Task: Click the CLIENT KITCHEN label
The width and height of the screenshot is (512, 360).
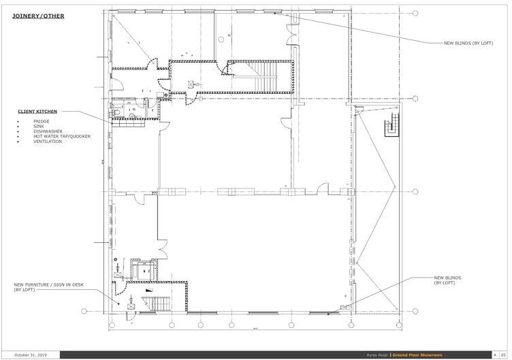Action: pyautogui.click(x=37, y=110)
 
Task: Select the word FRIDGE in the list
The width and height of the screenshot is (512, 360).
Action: pyautogui.click(x=40, y=121)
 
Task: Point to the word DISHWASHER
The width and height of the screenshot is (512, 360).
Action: pyautogui.click(x=47, y=131)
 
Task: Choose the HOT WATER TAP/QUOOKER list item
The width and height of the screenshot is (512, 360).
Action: pyautogui.click(x=61, y=136)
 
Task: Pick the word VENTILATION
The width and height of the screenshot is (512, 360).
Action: pyautogui.click(x=47, y=142)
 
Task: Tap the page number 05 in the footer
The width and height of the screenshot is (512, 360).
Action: pyautogui.click(x=503, y=355)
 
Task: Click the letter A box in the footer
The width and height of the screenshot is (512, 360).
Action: pyautogui.click(x=495, y=355)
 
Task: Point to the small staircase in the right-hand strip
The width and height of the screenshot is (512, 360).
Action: pyautogui.click(x=391, y=126)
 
